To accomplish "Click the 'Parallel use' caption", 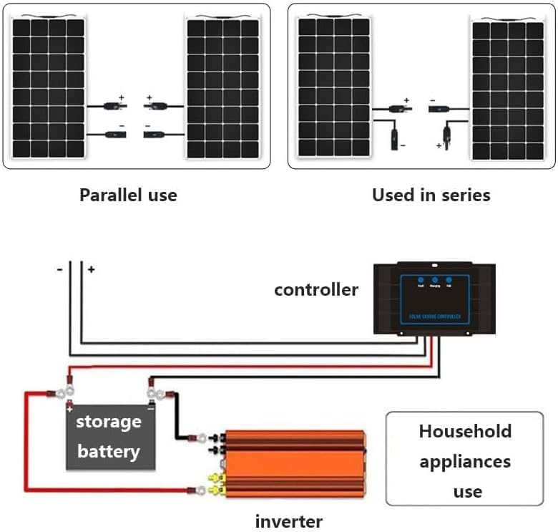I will point(128,195).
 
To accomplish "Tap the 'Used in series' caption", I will point(431,195).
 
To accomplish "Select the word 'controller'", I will point(315,290).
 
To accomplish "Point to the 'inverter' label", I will point(289,521).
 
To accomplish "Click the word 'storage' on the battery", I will point(109,422).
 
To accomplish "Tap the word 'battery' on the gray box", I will point(109,451).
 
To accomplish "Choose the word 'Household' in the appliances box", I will point(465,431).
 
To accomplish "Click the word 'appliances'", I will point(465,461).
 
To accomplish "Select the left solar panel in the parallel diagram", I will point(48,87).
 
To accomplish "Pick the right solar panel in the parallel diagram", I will point(222,87).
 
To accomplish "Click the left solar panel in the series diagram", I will point(334,87).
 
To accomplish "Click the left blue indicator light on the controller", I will point(421,281).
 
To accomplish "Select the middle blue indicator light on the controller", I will point(435,281).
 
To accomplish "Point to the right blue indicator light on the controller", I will point(449,281).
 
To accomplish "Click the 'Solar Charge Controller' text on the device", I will point(435,316).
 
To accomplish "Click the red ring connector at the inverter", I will point(193,490).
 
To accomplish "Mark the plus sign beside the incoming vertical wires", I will point(92,269).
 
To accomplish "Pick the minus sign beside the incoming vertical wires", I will point(60,269).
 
